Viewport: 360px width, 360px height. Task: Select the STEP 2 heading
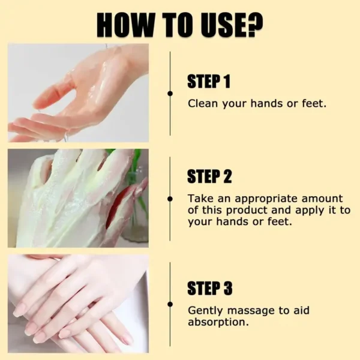[209, 177]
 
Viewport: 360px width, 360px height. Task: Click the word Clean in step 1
[202, 103]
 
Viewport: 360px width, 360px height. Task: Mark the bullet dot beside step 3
[170, 311]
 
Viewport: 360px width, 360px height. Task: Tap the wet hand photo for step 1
[78, 93]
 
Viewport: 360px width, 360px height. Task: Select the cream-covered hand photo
[78, 198]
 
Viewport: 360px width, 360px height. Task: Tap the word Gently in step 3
[203, 310]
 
